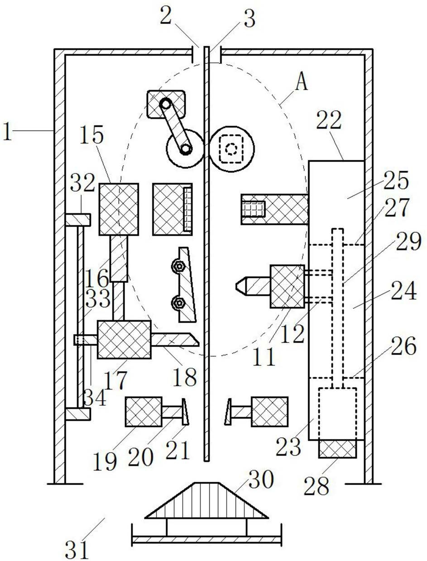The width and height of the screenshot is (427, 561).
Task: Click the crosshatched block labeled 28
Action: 337,449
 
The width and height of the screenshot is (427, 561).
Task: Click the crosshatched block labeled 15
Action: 119,209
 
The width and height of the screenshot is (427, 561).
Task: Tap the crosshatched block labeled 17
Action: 124,340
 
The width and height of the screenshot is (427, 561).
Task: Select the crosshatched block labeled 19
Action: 143,412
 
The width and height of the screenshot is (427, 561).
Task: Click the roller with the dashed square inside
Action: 232,148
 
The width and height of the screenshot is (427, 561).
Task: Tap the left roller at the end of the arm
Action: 185,148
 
